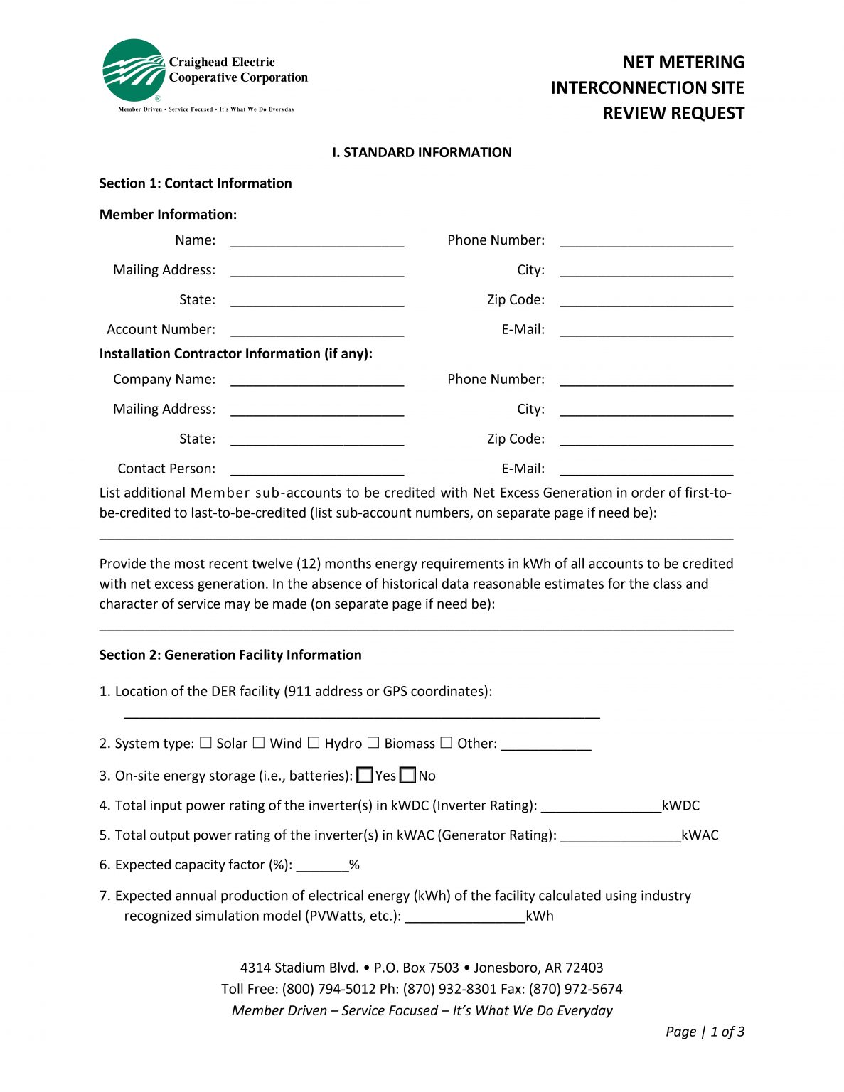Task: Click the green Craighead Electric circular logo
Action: (134, 70)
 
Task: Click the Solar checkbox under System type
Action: (205, 743)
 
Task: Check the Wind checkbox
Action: (259, 743)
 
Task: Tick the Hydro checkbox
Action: (314, 743)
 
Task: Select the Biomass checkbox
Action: (373, 743)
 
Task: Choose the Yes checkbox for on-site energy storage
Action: (365, 776)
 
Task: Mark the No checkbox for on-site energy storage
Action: (407, 776)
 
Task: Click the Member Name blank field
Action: (317, 241)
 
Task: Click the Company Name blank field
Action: (317, 380)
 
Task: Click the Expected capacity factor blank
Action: (322, 866)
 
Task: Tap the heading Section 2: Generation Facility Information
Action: (230, 655)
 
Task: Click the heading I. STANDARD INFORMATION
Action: (422, 152)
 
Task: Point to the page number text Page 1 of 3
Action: (705, 1032)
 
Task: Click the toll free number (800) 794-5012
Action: (328, 989)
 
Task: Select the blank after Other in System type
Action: (545, 744)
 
